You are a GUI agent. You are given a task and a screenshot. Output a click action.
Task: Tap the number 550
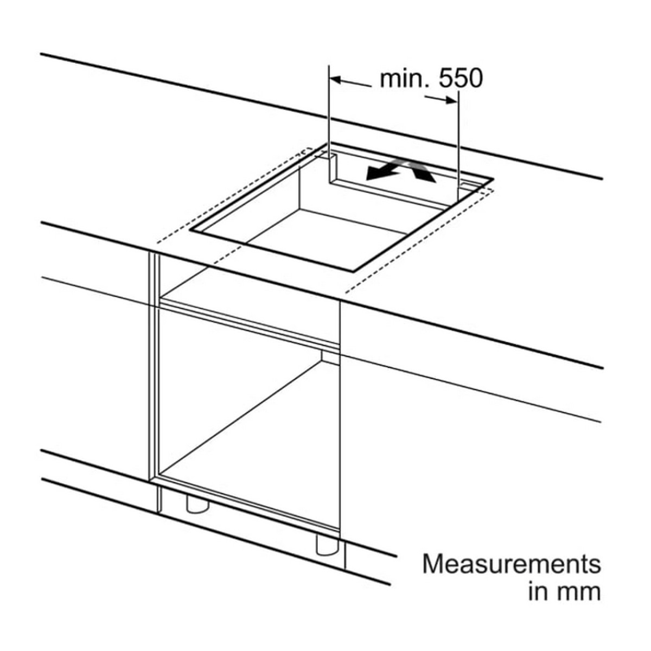point(461,79)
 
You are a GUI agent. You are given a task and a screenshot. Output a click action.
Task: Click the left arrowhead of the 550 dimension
point(335,80)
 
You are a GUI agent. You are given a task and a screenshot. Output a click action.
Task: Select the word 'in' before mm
point(538,592)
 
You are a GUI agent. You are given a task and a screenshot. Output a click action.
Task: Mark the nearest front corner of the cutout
point(353,271)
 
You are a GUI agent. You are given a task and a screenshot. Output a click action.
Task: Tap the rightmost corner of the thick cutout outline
point(494,179)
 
